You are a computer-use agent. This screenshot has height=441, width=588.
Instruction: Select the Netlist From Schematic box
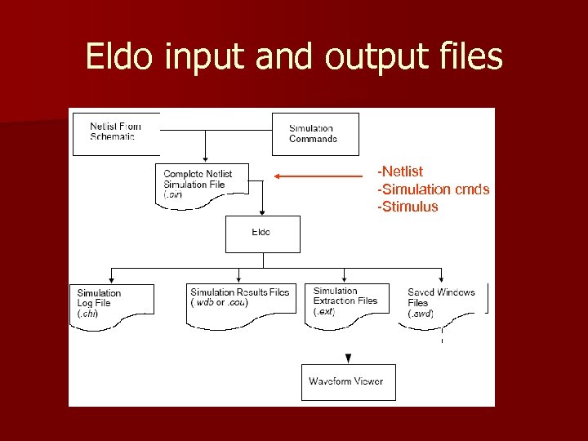click(x=116, y=132)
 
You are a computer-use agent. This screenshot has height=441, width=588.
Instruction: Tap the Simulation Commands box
click(x=314, y=134)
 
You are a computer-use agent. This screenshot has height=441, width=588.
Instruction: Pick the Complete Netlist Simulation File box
click(x=201, y=185)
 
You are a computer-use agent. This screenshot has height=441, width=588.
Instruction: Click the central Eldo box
click(x=262, y=234)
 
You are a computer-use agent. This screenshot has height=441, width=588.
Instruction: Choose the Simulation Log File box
click(x=112, y=303)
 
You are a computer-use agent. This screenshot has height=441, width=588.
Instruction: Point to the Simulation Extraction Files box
click(x=346, y=301)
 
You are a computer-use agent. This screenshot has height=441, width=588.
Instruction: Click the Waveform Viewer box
click(x=348, y=381)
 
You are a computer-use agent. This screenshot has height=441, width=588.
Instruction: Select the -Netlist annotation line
click(x=400, y=171)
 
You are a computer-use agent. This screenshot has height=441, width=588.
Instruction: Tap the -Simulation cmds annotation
click(x=433, y=189)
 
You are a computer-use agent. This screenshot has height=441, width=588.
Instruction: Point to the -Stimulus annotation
click(x=408, y=207)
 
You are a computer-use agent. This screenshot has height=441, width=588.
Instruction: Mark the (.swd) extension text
click(x=421, y=314)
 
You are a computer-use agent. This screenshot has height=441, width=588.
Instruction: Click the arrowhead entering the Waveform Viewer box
click(x=349, y=359)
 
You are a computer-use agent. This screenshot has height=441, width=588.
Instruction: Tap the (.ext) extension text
click(x=324, y=311)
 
